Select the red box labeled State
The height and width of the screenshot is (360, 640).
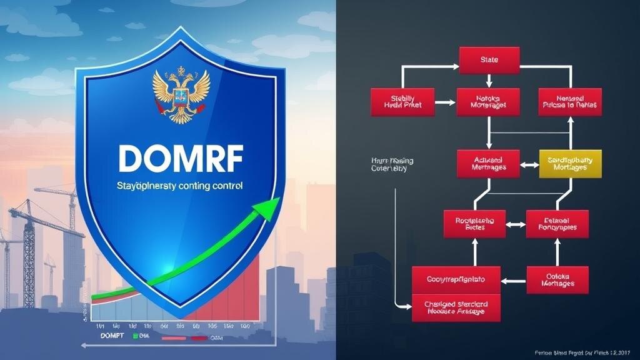click(489, 59)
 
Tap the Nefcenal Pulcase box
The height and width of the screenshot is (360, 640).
click(569, 101)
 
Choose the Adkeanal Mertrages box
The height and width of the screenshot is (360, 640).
click(489, 163)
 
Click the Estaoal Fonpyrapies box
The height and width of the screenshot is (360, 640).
click(557, 224)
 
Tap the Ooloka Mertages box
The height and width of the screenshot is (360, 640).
click(557, 279)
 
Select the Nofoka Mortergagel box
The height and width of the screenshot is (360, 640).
click(489, 101)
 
